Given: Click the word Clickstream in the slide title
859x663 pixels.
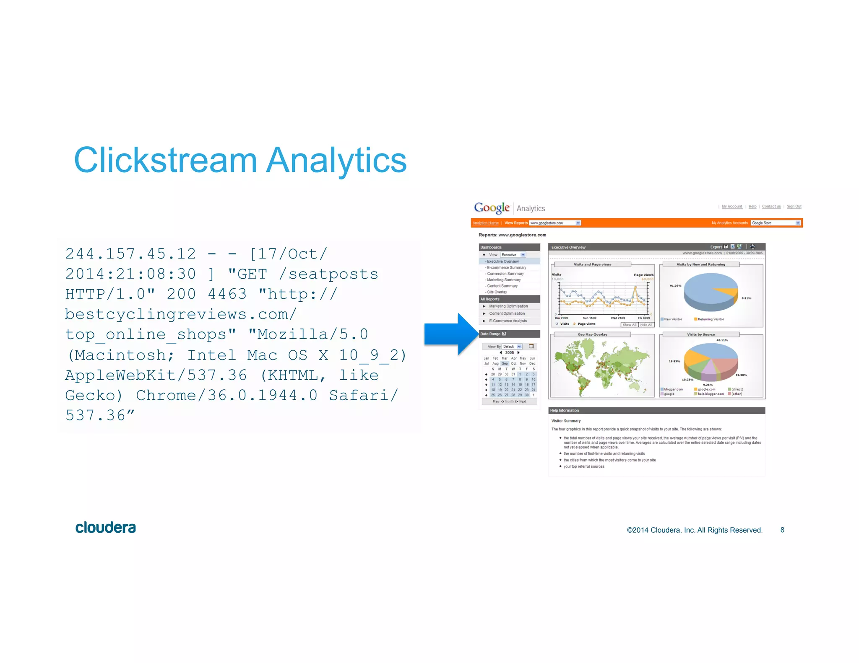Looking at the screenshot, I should [165, 160].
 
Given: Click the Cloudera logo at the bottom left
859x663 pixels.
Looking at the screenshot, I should [106, 528].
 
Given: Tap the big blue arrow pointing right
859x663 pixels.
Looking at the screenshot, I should [451, 334].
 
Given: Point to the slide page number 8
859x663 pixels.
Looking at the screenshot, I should [782, 530].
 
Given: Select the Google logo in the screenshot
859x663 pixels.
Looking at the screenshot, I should [492, 208].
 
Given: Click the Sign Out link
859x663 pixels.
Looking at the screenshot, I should [794, 207].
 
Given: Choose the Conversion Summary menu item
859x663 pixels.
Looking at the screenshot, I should [505, 274].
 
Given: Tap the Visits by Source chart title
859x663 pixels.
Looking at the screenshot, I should [700, 334].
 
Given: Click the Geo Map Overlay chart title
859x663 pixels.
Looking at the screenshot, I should [592, 334].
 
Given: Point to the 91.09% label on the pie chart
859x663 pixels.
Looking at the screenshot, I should [675, 286].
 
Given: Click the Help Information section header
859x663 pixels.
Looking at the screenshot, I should [565, 411].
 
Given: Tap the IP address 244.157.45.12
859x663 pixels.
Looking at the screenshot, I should [130, 254].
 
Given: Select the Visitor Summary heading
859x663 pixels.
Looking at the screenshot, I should [566, 421].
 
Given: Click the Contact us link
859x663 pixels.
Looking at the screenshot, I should [771, 207].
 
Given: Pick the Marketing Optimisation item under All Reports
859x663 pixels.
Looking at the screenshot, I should [508, 306].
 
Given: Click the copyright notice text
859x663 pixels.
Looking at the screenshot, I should [695, 530].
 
